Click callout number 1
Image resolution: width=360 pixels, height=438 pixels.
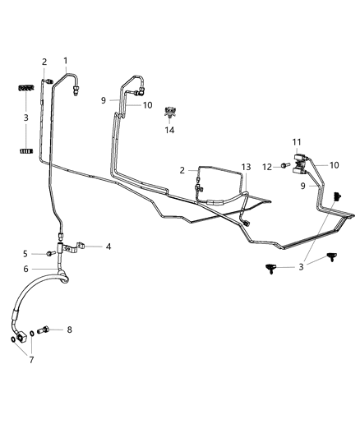tap(65, 61)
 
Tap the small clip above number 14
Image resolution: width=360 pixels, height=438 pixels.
tap(171, 111)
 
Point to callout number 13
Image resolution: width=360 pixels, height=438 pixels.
tap(246, 166)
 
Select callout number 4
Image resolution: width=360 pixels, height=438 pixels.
tap(108, 246)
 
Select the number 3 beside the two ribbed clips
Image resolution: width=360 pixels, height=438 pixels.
tap(25, 118)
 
